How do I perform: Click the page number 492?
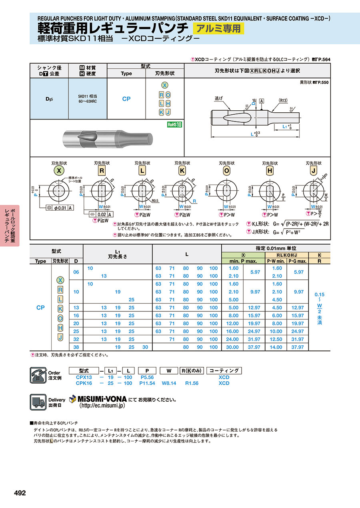20,493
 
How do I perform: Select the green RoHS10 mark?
174,124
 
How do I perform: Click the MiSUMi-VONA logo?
98,399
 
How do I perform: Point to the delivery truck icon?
39,402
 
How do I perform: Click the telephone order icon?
39,375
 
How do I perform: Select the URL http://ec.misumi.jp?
102,405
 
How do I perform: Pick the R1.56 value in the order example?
192,383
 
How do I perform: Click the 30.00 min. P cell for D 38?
233,347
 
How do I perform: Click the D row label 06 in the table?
76,272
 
